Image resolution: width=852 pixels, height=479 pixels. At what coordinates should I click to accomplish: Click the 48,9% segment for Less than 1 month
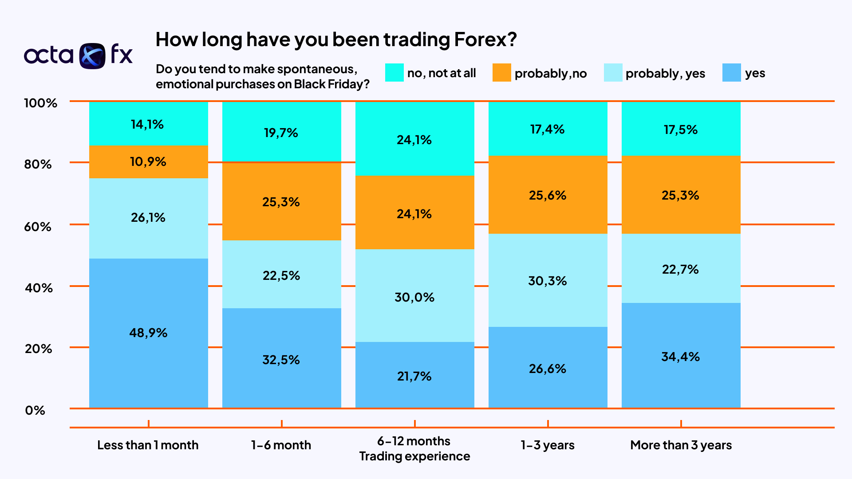[x=148, y=333]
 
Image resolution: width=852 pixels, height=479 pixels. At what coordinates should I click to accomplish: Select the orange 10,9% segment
[x=148, y=161]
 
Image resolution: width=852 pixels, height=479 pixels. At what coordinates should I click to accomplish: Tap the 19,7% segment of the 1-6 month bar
[x=281, y=132]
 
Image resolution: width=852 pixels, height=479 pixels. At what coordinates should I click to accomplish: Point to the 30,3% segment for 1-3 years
[x=548, y=280]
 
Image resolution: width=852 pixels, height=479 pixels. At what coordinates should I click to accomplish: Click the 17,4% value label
[x=548, y=130]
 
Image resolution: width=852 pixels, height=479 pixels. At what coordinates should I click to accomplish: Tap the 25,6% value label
[x=548, y=195]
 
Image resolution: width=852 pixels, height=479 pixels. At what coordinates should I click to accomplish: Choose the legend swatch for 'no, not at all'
[x=394, y=73]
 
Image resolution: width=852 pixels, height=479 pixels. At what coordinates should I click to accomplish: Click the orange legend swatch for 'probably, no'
[x=501, y=73]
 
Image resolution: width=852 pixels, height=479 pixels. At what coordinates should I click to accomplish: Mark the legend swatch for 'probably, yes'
[x=613, y=73]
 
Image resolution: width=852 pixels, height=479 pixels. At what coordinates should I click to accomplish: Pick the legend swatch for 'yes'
[x=731, y=73]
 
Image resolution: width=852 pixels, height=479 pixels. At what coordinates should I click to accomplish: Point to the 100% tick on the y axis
[x=40, y=103]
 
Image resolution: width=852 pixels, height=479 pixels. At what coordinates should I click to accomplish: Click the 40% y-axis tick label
[x=39, y=288]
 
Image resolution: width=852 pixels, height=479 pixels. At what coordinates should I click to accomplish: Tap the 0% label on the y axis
[x=35, y=410]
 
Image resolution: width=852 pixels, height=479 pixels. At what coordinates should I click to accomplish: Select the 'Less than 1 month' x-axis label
[x=148, y=445]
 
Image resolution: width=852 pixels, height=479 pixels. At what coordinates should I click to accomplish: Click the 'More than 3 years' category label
[x=681, y=445]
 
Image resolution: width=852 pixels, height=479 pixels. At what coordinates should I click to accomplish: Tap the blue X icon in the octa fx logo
[x=92, y=56]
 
